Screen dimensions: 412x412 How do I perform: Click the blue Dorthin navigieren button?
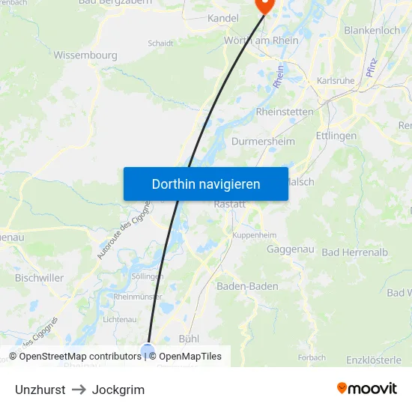pos(205,184)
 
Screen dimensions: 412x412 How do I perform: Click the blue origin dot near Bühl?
pos(148,350)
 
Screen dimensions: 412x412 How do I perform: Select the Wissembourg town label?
pos(85,55)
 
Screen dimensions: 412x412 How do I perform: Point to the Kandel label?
pos(222,18)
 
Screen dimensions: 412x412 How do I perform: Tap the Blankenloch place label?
pos(372,31)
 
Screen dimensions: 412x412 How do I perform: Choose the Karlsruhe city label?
pos(335,80)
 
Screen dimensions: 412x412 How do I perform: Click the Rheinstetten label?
pos(285,112)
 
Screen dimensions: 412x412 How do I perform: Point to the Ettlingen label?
pos(336,136)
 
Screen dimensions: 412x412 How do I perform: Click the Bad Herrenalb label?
pos(354,252)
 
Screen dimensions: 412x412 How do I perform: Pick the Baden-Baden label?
pos(247,286)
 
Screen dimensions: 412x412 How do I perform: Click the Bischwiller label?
pos(38,277)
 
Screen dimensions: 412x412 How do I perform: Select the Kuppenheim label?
pos(253,234)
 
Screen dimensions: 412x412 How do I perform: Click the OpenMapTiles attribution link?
pos(190,357)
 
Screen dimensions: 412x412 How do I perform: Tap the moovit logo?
pos(367,388)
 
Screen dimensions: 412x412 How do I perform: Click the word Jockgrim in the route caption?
pos(118,390)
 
